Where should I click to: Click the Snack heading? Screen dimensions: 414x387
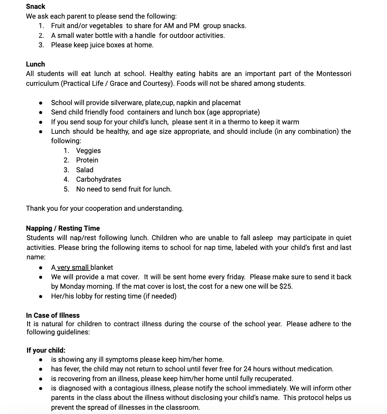[x=36, y=7]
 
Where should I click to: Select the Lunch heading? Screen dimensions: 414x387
[x=35, y=64]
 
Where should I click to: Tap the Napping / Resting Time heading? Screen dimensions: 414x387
[x=63, y=228]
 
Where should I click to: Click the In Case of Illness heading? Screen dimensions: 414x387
[x=53, y=315]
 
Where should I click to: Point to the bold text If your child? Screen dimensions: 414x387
[x=46, y=350]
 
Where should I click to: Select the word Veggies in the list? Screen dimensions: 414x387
[x=88, y=151]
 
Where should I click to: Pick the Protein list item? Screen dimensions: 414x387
[x=87, y=160]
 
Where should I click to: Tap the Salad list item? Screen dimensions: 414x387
[x=85, y=170]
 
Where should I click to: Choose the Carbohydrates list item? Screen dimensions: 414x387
[x=98, y=179]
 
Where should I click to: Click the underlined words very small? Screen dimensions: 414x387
[x=73, y=268]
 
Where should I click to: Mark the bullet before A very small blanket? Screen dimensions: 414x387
[x=41, y=268]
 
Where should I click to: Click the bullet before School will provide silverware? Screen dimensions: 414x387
[x=41, y=103]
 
